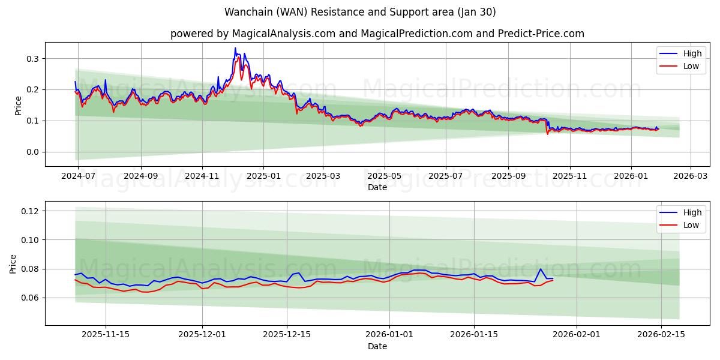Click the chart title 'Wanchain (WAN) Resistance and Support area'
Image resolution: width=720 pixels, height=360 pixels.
360,12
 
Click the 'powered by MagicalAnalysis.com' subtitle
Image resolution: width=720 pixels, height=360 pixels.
253,34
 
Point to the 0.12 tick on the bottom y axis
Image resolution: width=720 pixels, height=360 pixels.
30,211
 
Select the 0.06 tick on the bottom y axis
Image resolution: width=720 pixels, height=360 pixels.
30,298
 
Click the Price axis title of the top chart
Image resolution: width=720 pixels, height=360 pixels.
18,105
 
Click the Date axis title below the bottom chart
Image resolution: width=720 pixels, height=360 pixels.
377,346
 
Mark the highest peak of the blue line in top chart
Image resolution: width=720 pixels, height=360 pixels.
235,48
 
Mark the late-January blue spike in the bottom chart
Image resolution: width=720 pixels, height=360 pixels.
541,269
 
